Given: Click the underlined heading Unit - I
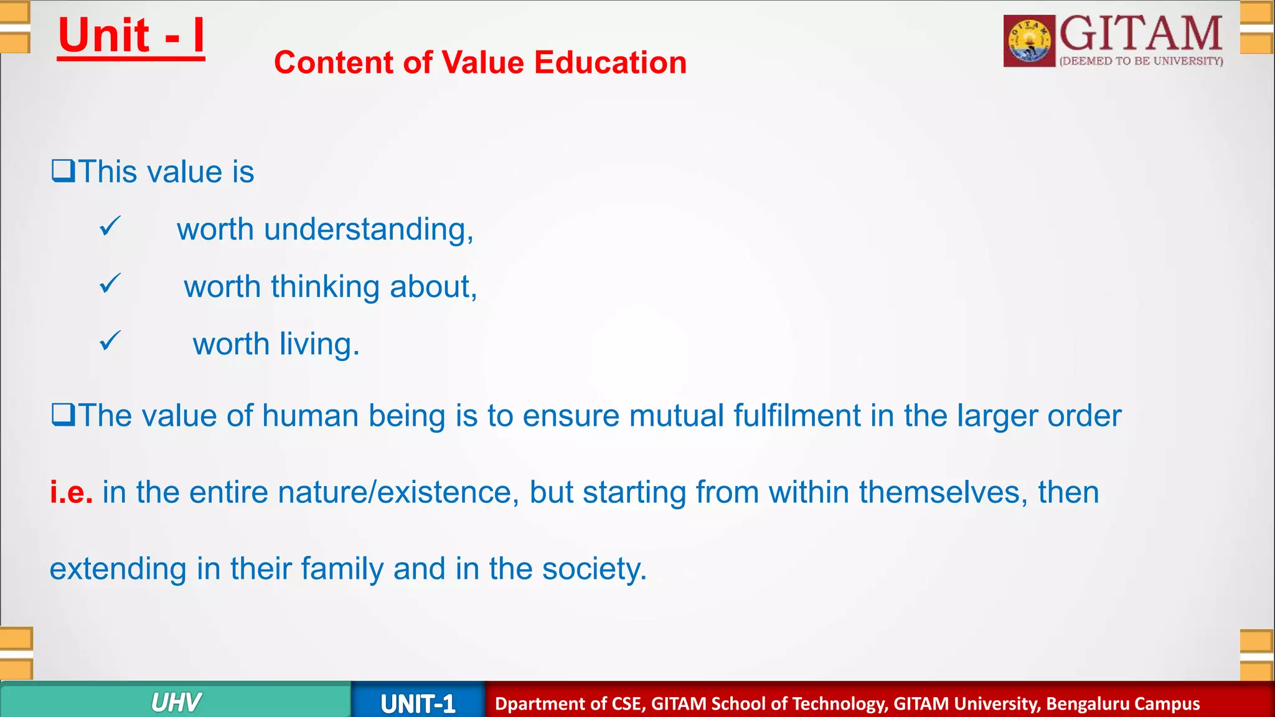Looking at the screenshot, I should point(131,36).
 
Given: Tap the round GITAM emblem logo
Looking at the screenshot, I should point(1029,41).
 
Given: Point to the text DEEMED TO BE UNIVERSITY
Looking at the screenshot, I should point(1141,61).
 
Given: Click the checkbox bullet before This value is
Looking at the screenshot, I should point(63,171).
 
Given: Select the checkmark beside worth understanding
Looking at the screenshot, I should point(110,227).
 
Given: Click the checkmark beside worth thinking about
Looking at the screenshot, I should point(110,284).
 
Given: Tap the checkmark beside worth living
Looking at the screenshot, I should point(110,341).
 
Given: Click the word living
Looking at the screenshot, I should point(319,344).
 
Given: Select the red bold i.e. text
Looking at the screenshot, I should point(72,492).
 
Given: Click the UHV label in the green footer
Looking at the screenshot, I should point(176,703).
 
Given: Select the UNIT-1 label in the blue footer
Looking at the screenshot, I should point(418,704).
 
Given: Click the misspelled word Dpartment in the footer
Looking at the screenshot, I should point(539,704).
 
